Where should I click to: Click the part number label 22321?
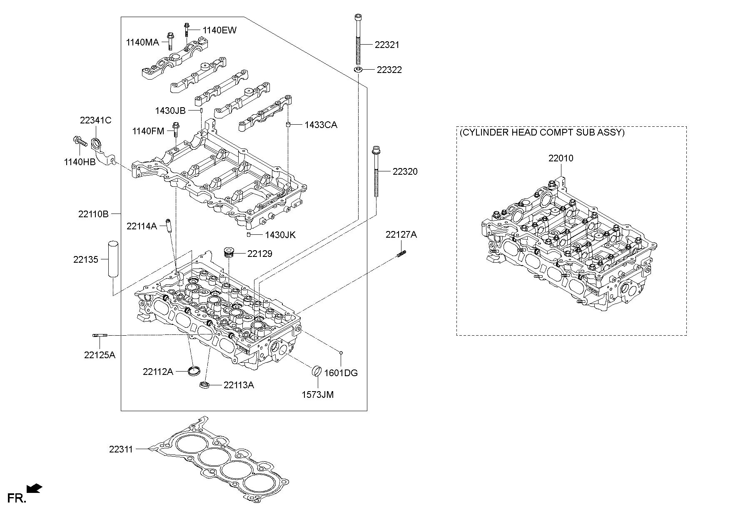click(x=386, y=45)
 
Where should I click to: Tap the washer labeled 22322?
click(x=358, y=69)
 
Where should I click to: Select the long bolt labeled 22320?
click(x=376, y=171)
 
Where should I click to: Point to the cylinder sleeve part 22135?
click(x=113, y=259)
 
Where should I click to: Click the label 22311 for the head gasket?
click(x=121, y=449)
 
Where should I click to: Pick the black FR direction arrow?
click(x=34, y=488)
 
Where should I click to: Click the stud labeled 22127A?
click(x=401, y=253)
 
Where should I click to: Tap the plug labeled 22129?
click(x=229, y=253)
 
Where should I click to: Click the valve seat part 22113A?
click(x=204, y=384)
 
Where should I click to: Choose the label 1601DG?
click(x=341, y=373)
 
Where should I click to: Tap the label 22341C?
click(x=95, y=121)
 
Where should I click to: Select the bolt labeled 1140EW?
click(x=186, y=30)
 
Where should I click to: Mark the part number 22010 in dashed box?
click(x=560, y=158)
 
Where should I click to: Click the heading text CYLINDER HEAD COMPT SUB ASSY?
click(x=542, y=133)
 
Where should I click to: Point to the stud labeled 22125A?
click(x=100, y=335)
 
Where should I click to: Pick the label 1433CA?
click(x=320, y=125)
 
